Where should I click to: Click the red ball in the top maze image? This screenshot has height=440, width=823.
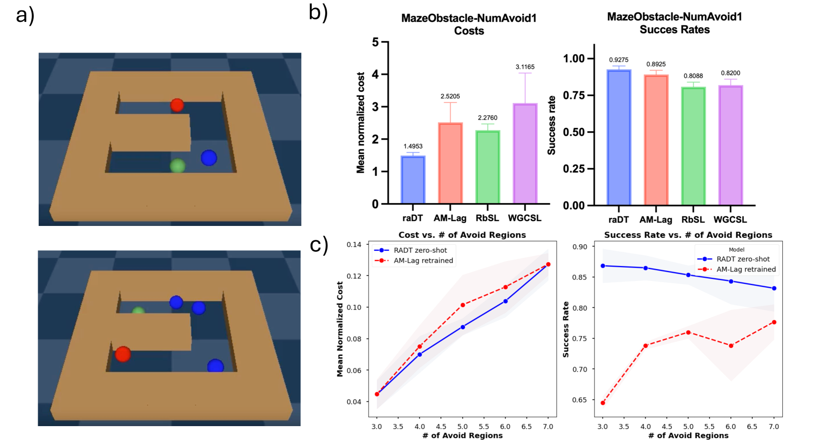tap(177, 105)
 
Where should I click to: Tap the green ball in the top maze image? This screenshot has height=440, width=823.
tap(177, 165)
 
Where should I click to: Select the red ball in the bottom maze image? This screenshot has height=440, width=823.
tap(123, 354)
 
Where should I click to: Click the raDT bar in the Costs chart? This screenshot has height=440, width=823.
tap(413, 180)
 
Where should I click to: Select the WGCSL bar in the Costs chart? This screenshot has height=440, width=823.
tap(525, 154)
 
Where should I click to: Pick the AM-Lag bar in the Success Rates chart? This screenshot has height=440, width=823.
tap(656, 140)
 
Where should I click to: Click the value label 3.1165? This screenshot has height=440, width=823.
tap(525, 67)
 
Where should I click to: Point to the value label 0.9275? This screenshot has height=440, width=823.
tap(618, 60)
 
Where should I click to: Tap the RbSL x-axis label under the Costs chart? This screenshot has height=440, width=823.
tap(487, 218)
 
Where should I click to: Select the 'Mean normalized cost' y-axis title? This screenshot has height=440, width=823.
tap(360, 123)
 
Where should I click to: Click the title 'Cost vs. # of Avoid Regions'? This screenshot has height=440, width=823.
tap(462, 235)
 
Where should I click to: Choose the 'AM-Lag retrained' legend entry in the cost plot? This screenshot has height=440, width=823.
tap(423, 261)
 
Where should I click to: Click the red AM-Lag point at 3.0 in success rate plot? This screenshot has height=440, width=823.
tap(603, 403)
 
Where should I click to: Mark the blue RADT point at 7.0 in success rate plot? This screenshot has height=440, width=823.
tap(774, 288)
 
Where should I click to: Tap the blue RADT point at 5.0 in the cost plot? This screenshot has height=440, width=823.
tap(462, 327)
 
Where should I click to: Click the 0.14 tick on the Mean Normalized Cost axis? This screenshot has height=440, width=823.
tap(354, 244)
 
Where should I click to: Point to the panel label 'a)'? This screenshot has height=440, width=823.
tap(25, 15)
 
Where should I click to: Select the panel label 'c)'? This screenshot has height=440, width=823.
tap(319, 245)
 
